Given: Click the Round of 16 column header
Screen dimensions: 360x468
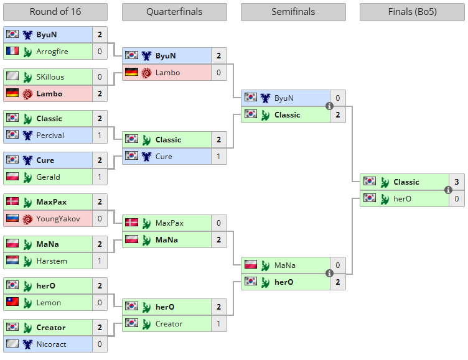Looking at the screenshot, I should pyautogui.click(x=55, y=12).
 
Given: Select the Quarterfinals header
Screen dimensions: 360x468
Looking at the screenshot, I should pyautogui.click(x=174, y=12).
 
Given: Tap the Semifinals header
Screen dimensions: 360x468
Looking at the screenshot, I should pyautogui.click(x=293, y=12).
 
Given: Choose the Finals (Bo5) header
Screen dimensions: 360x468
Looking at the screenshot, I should pyautogui.click(x=412, y=12).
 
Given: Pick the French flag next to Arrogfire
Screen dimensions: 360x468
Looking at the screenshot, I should pyautogui.click(x=12, y=51).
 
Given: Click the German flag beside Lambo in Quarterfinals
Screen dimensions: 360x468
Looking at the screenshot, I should pyautogui.click(x=131, y=73).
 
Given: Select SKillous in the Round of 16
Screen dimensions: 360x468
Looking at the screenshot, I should pyautogui.click(x=50, y=76).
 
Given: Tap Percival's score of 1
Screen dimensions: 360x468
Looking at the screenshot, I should pyautogui.click(x=100, y=135).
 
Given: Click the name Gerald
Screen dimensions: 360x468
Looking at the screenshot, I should pyautogui.click(x=48, y=177).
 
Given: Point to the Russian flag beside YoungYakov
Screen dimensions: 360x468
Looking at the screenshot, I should pyautogui.click(x=12, y=218).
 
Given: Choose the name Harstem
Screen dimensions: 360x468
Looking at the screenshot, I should pyautogui.click(x=51, y=261).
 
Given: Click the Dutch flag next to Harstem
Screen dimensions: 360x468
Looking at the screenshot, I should pyautogui.click(x=12, y=261).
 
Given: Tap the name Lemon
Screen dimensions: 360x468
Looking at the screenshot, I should pyautogui.click(x=49, y=302).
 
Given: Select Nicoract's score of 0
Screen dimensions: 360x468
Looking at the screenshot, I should pyautogui.click(x=100, y=344).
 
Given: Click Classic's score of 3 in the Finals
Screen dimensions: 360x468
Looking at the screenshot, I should pyautogui.click(x=456, y=182).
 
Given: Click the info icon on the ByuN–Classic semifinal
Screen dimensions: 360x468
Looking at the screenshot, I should pyautogui.click(x=329, y=106).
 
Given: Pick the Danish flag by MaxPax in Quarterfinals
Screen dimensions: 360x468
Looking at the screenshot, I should pyautogui.click(x=131, y=223).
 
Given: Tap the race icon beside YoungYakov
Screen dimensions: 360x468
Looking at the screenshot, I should pyautogui.click(x=27, y=218).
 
